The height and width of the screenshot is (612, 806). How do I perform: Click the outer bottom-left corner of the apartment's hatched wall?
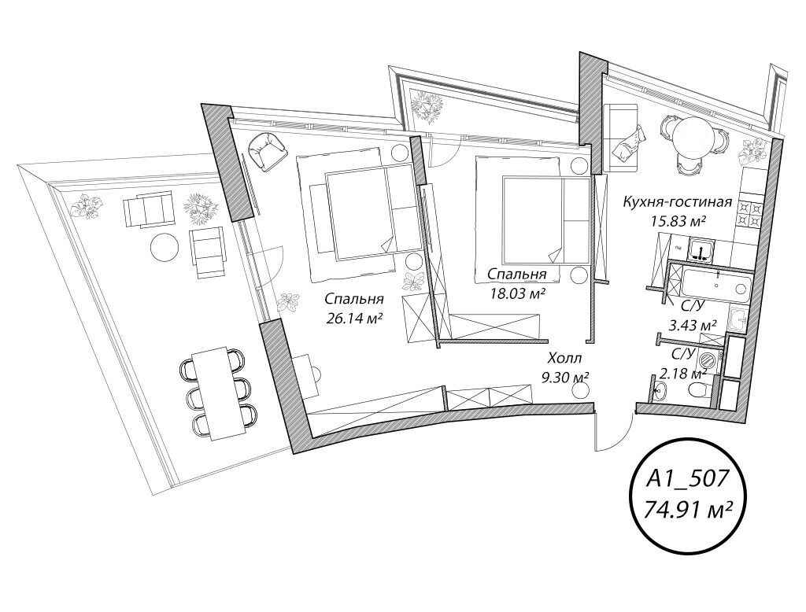(x=293, y=453)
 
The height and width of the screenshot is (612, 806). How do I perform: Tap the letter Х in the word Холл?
(x=553, y=358)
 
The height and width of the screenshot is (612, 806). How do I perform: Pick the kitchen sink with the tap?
(x=701, y=249)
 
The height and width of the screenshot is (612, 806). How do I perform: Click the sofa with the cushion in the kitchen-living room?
(x=622, y=137)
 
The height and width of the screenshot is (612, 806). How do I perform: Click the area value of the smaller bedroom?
(x=516, y=293)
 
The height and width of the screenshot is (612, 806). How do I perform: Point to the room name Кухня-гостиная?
(x=677, y=201)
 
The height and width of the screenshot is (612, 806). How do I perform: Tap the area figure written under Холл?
(x=565, y=377)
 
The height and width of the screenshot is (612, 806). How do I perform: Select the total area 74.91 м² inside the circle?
(x=688, y=511)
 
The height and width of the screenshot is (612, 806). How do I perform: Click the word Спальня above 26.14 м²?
(x=355, y=299)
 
